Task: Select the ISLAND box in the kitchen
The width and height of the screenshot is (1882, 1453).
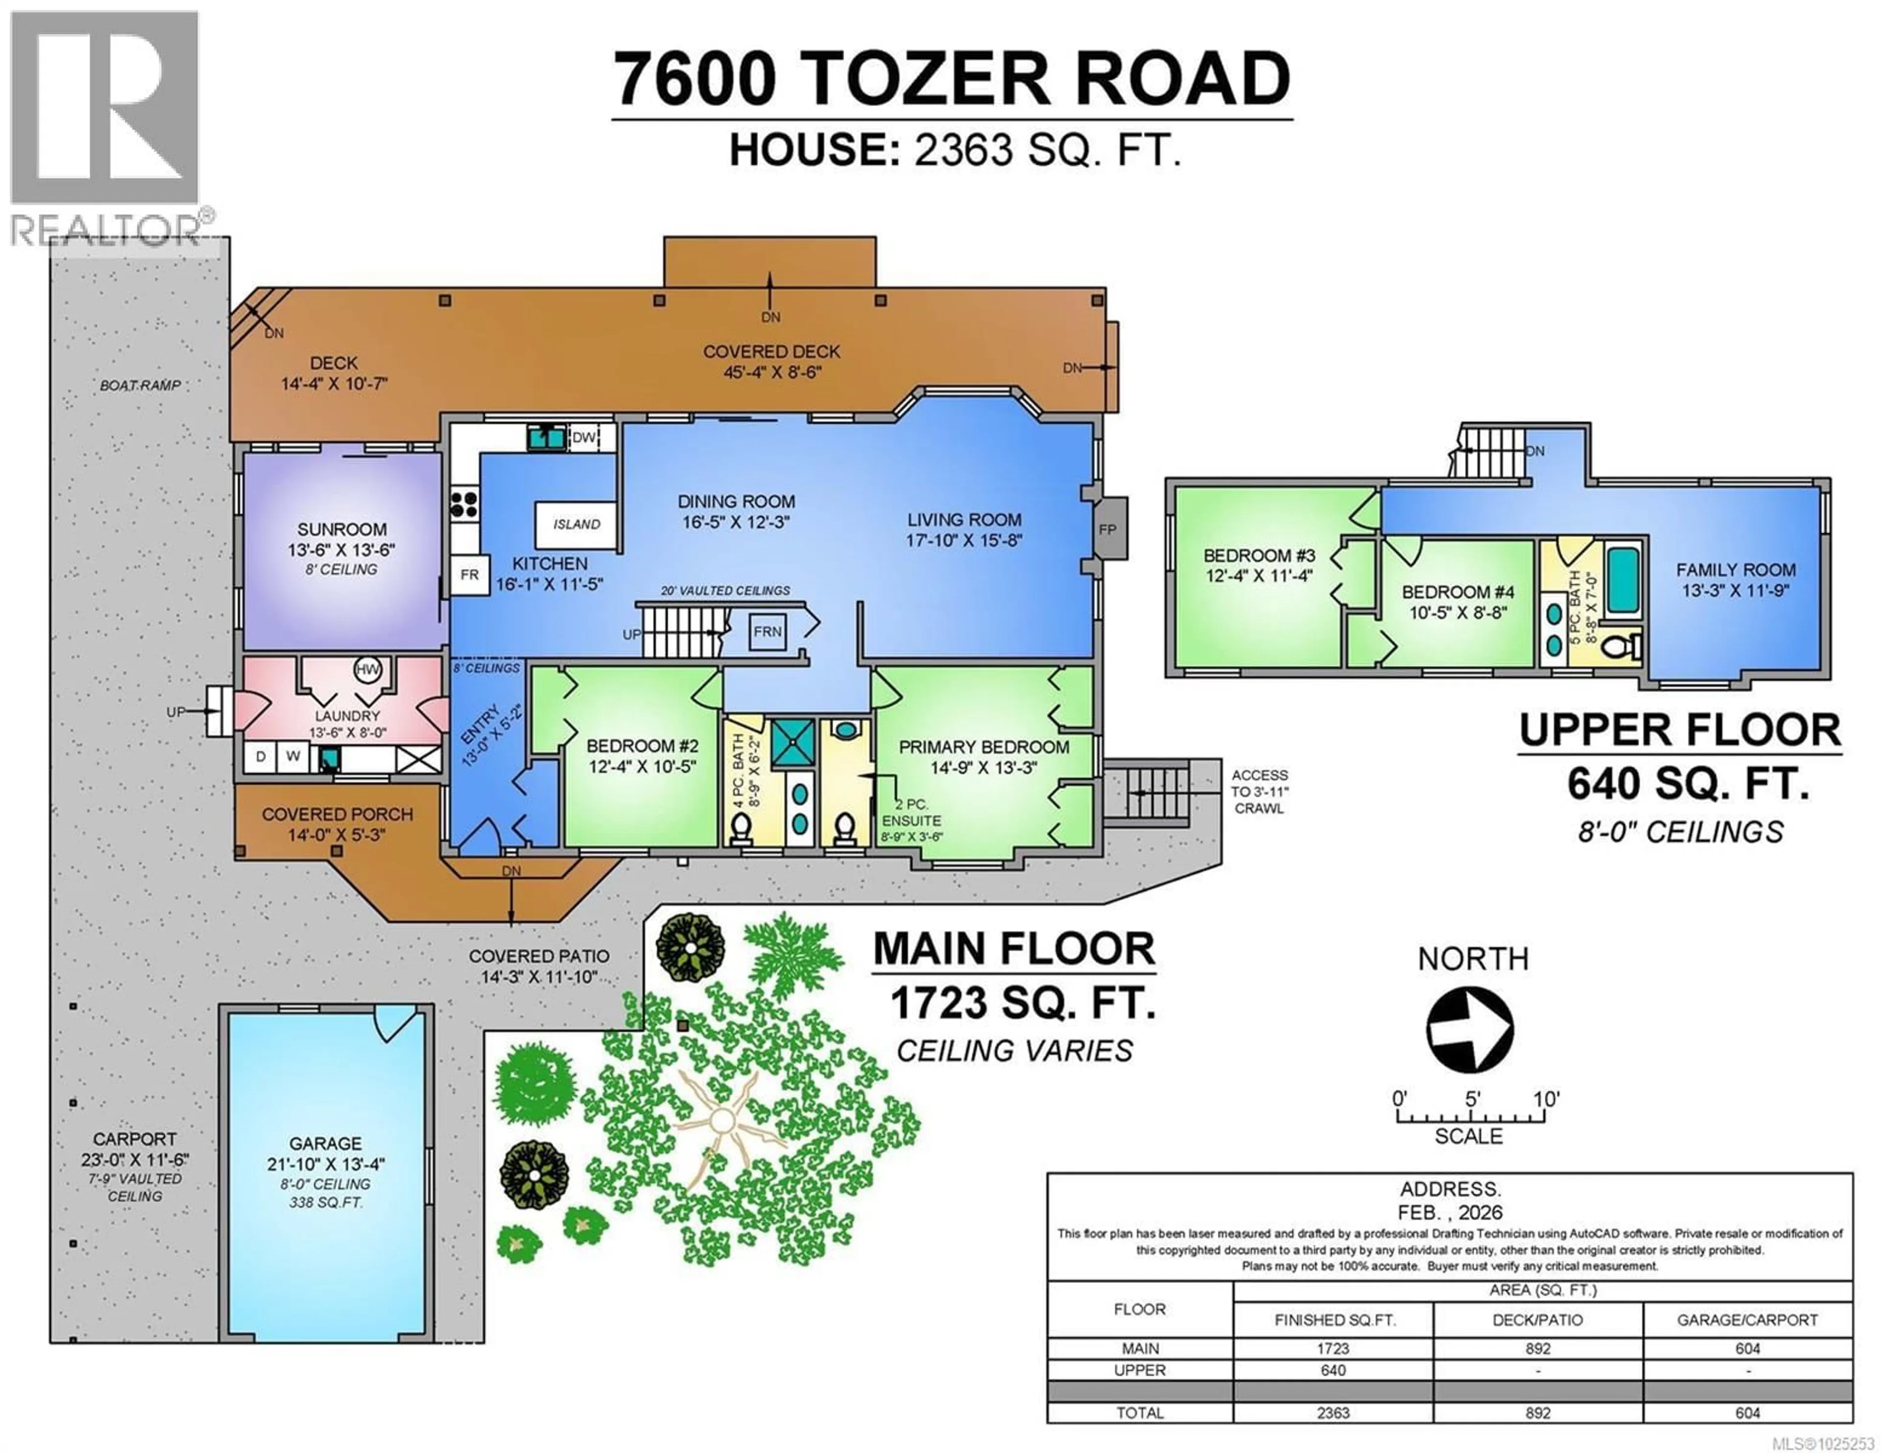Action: coord(576,524)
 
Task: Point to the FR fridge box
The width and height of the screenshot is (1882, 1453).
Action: coord(470,574)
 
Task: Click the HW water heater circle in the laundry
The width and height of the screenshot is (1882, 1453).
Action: coord(368,669)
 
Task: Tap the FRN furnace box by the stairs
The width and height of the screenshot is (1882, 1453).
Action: coord(767,631)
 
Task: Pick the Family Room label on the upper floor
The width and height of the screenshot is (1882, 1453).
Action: coord(1735,570)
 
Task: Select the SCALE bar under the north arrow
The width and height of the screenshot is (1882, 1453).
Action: coord(1471,1117)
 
